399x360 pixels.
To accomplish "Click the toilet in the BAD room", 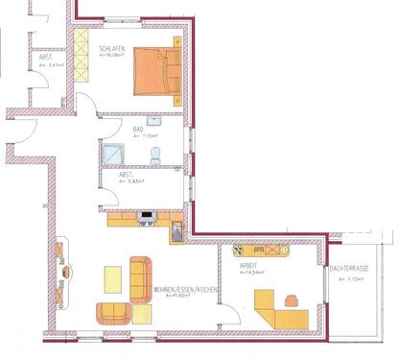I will (x=155, y=155).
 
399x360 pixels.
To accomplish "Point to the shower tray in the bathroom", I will (x=113, y=155).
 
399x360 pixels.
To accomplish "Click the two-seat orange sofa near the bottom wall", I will (x=112, y=312).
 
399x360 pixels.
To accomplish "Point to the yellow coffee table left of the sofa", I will (x=113, y=279).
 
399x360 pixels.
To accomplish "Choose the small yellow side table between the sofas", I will (x=141, y=313).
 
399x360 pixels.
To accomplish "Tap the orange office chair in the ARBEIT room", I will (x=293, y=300).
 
